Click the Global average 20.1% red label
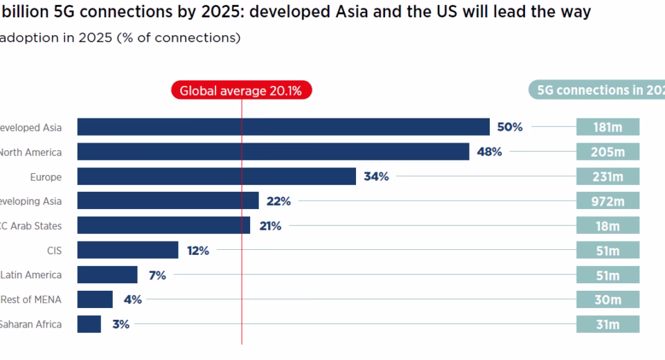pos(241,91)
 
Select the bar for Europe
pos(216,177)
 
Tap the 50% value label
pos(510,127)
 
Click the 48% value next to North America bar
pos(489,152)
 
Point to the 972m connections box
pos(608,201)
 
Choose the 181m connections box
pos(608,127)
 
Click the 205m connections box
pos(608,152)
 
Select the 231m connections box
pos(608,177)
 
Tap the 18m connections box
pos(608,226)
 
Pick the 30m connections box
pos(608,300)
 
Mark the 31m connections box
pos(608,324)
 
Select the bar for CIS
pos(127,251)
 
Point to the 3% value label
pos(120,324)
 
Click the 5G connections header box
pos(596,91)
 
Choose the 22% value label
pos(278,201)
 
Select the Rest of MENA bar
pos(95,300)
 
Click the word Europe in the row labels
pos(46,177)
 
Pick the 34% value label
pos(376,177)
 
